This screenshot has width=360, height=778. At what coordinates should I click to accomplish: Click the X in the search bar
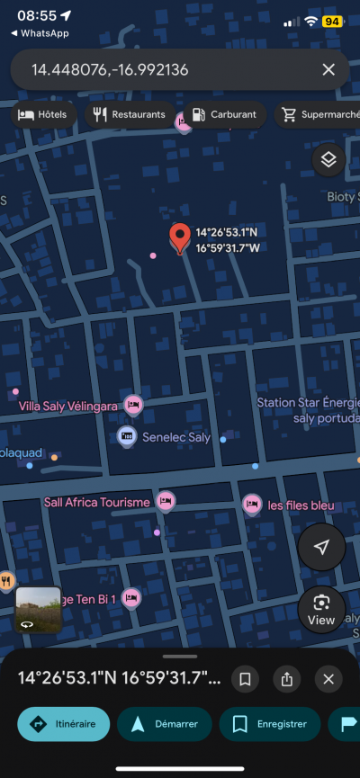pos(328,69)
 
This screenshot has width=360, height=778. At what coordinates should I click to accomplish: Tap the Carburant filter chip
pos(224,115)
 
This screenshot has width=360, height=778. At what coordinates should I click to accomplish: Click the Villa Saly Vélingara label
pos(68,407)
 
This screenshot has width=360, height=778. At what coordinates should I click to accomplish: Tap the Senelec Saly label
pos(175,438)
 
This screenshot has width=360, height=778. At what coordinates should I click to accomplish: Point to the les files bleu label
pos(301,505)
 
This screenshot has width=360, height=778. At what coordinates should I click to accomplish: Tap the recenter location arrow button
pos(321,548)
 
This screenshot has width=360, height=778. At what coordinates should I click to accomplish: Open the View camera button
pos(321,609)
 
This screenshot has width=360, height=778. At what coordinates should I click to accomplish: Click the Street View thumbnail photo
pos(39,610)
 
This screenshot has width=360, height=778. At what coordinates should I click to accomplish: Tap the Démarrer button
pos(165,723)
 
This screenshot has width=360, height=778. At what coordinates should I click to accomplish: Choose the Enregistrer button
pos(276,723)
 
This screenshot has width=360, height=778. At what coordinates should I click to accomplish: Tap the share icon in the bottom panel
pos(287,679)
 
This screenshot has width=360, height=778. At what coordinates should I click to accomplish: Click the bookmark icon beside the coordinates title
pos(245,679)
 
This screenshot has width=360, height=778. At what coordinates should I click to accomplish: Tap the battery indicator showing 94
pos(331,21)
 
